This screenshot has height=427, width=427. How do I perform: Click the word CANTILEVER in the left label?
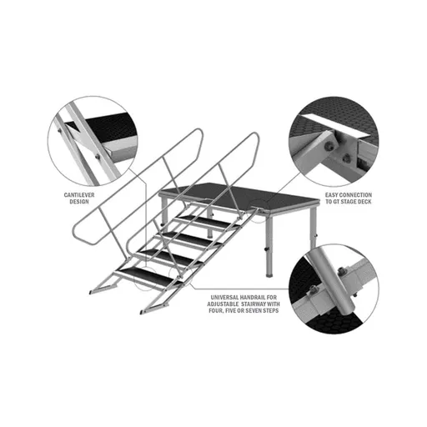point(79,195)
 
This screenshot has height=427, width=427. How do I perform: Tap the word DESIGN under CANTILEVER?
point(79,202)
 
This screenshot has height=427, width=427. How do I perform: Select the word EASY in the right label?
point(332,195)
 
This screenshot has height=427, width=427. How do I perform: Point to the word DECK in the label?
point(364,202)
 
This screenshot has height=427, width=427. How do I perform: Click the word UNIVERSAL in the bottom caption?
point(224,298)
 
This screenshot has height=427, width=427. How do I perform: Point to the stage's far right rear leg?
point(314,228)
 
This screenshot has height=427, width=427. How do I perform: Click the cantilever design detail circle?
point(93,142)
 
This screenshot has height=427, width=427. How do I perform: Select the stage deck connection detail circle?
point(334,142)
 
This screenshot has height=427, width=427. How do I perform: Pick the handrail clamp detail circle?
point(334,289)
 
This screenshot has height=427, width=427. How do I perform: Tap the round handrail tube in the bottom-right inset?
point(333,279)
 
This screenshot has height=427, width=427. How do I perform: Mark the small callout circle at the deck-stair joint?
point(260,211)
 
